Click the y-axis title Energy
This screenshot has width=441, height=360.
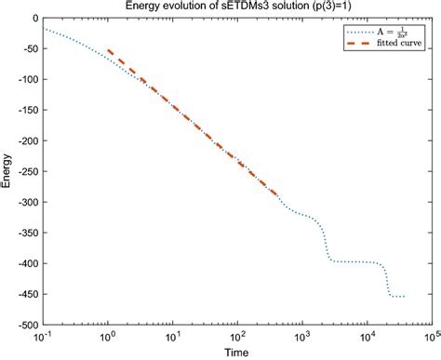pyautogui.click(x=7, y=172)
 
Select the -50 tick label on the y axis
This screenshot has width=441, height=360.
pyautogui.click(x=29, y=49)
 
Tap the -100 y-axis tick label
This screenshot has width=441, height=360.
pyautogui.click(x=27, y=80)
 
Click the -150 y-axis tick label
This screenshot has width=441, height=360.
pyautogui.click(x=27, y=111)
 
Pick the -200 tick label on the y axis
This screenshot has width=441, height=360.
pyautogui.click(x=27, y=141)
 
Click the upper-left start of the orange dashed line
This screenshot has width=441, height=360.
pyautogui.click(x=109, y=50)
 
